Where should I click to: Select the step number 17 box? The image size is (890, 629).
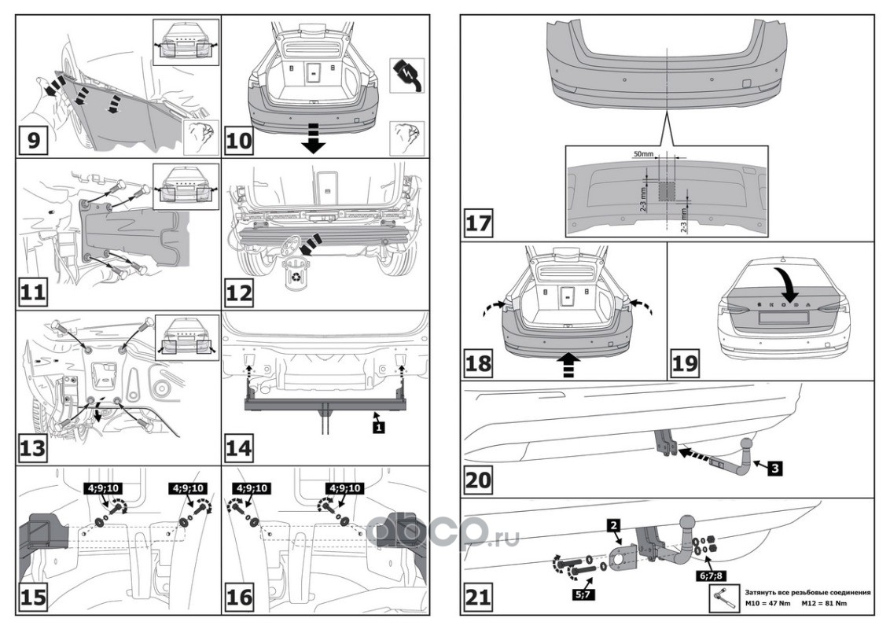coord(477,223)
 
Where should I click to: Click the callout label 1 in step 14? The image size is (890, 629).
coord(378,427)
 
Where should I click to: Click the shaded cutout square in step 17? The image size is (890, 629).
coord(667,191)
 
